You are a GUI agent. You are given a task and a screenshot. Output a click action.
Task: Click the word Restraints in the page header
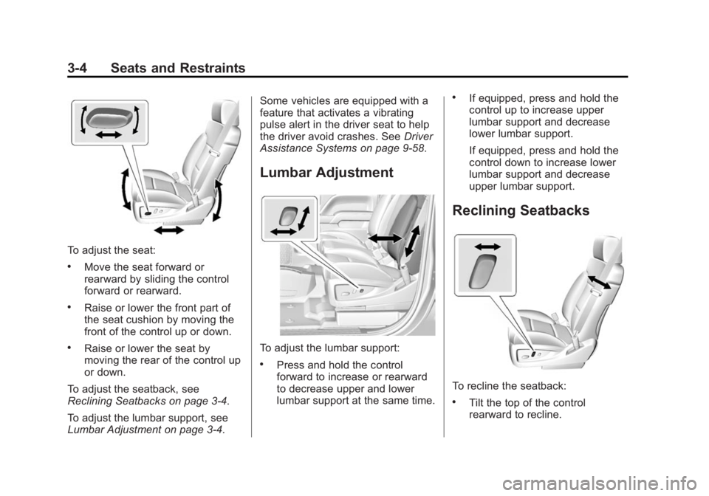(x=212, y=68)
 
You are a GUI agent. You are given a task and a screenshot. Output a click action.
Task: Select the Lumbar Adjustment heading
(x=326, y=173)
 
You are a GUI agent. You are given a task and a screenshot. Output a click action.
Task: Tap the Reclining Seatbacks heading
(x=521, y=210)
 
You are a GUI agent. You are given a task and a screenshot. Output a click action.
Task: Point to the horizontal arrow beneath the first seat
(x=168, y=230)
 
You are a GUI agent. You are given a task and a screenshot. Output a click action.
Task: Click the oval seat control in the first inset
(x=109, y=118)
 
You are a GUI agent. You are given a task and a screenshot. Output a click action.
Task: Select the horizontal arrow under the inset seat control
(x=109, y=134)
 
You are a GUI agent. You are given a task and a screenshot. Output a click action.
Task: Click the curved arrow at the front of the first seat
(x=125, y=189)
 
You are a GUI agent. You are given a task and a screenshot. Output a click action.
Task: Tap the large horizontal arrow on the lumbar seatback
(x=385, y=238)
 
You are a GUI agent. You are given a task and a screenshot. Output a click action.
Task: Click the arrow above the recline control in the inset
(x=488, y=247)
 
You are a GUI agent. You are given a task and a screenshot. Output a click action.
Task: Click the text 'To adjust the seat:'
(x=112, y=249)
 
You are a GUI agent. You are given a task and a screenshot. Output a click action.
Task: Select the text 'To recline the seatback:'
(x=509, y=386)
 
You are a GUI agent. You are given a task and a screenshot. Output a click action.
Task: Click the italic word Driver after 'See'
(x=418, y=137)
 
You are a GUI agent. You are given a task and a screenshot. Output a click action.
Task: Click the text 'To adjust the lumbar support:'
(x=329, y=348)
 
